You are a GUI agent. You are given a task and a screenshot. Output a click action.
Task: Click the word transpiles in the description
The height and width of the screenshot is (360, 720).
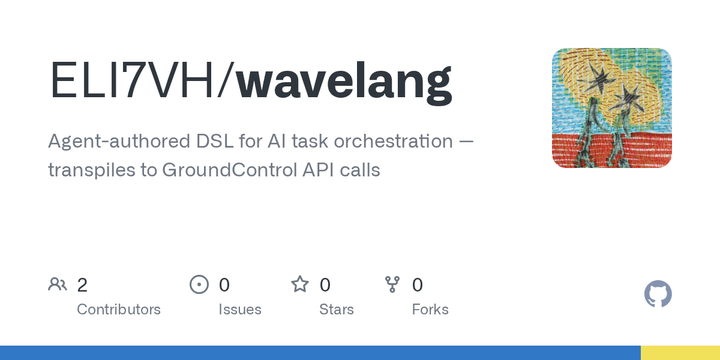click(88, 170)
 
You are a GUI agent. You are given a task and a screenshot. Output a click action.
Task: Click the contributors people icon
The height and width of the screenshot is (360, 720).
click(57, 285)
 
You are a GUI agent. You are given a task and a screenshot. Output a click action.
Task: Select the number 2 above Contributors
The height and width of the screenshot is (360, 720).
click(83, 285)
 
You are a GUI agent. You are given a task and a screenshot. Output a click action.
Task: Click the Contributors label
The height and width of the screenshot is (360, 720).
click(118, 309)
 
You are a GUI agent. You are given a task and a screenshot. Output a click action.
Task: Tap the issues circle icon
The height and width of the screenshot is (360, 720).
click(199, 285)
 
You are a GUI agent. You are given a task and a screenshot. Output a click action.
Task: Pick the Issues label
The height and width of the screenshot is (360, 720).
click(240, 309)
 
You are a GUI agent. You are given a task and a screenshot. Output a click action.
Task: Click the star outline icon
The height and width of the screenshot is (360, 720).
click(300, 285)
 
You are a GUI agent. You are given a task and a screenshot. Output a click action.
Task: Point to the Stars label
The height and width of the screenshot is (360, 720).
click(336, 309)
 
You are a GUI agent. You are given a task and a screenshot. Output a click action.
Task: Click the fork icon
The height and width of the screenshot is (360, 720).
click(392, 285)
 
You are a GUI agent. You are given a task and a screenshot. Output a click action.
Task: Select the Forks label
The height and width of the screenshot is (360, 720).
click(430, 309)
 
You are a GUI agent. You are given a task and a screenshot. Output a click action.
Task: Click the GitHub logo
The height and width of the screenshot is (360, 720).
click(658, 294)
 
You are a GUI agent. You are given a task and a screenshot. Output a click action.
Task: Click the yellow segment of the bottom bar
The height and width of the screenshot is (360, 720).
click(680, 353)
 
